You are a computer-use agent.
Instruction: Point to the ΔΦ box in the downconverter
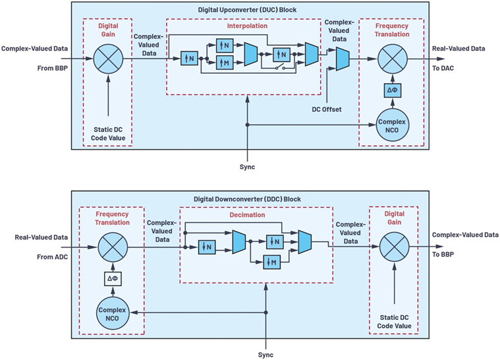point(112,280)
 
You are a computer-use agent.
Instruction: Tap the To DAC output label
point(443,68)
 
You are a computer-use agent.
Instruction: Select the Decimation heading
point(248,215)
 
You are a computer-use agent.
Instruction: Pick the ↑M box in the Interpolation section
point(224,62)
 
